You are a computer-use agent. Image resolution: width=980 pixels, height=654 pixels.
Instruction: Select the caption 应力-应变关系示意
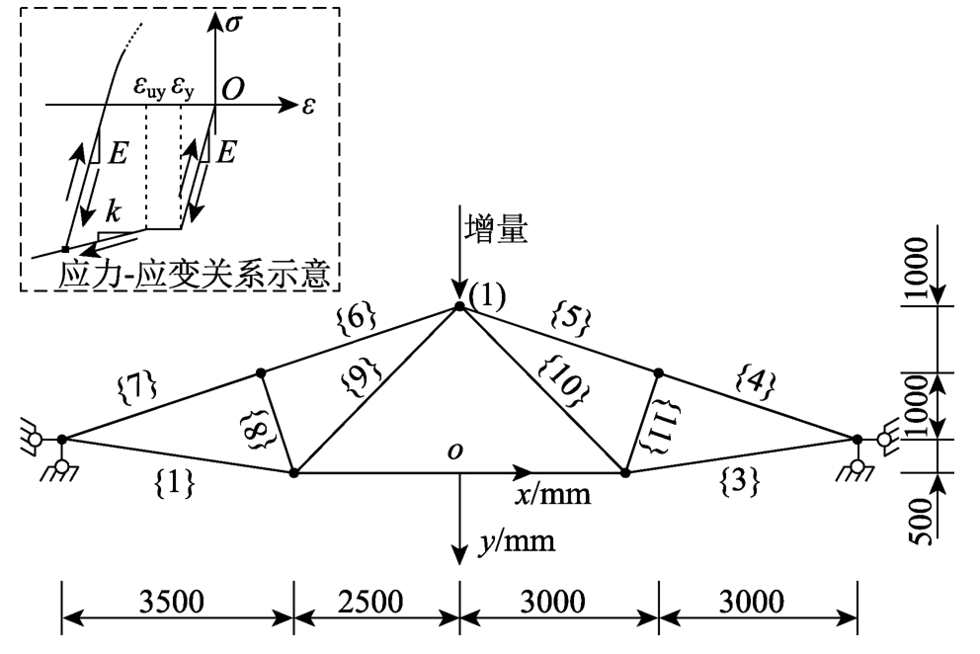193,274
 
